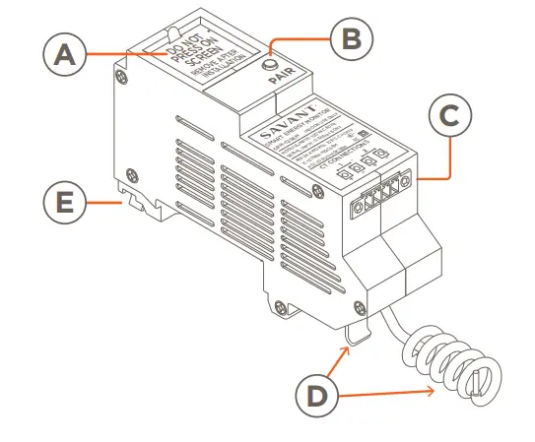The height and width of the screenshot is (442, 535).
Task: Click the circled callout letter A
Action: pyautogui.click(x=64, y=56)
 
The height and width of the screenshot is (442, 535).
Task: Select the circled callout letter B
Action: pyautogui.click(x=349, y=40)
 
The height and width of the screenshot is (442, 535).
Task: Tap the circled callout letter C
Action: pyautogui.click(x=449, y=116)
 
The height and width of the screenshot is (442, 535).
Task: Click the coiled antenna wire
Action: pyautogui.click(x=453, y=364)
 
